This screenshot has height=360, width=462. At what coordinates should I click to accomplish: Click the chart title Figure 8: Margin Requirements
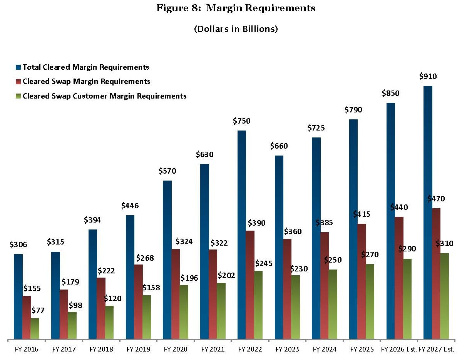[236, 8]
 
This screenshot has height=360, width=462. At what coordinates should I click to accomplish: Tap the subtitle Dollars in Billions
[236, 29]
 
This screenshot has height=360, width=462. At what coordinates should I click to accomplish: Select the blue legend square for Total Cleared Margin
[18, 67]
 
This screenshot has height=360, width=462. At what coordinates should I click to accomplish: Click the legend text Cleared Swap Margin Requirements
[86, 82]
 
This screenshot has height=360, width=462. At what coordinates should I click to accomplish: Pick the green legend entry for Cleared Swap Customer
[18, 96]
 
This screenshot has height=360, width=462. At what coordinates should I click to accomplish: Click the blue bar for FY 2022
[242, 235]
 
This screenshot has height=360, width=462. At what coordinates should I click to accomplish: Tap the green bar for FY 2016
[35, 329]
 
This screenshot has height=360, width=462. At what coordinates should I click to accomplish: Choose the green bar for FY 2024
[333, 304]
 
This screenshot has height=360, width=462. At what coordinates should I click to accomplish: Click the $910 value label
[428, 77]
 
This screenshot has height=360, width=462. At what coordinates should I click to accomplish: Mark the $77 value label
[38, 310]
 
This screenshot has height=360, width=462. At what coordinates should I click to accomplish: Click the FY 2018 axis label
[101, 350]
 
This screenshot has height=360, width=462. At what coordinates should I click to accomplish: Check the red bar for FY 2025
[362, 281]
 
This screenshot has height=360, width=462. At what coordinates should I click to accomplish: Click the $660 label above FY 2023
[279, 146]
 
